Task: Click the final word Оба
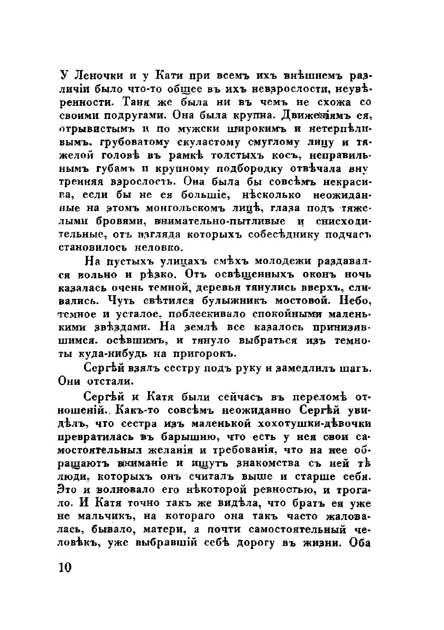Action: click(x=363, y=533)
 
